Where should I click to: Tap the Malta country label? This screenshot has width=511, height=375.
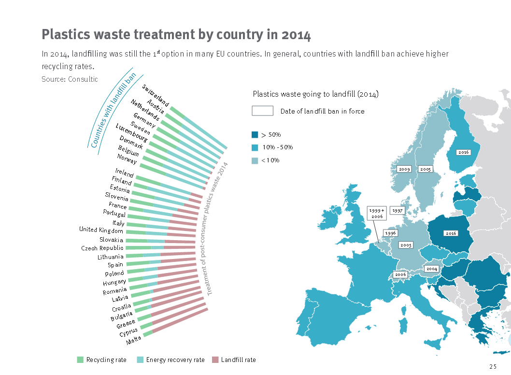(134, 341)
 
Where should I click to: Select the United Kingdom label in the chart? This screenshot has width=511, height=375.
(101, 230)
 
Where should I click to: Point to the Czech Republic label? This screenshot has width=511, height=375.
(102, 248)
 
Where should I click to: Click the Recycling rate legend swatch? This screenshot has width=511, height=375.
(80, 360)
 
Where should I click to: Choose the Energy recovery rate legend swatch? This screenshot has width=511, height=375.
(140, 360)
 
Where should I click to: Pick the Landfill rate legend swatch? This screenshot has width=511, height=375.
(215, 360)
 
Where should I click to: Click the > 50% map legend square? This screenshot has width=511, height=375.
(255, 135)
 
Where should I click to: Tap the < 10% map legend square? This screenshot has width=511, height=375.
(255, 160)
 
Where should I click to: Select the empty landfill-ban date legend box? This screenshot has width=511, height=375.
(263, 111)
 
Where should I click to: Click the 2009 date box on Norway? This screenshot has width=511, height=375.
(404, 169)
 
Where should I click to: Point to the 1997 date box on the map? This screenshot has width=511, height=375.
(397, 211)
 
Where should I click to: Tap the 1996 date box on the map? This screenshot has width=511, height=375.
(390, 233)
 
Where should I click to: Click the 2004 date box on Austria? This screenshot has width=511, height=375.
(431, 269)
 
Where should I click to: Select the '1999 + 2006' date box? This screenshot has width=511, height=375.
(377, 214)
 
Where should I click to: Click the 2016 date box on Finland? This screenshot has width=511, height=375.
(464, 152)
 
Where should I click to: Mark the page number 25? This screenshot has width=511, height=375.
(493, 366)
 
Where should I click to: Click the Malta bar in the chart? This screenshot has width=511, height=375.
(148, 333)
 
